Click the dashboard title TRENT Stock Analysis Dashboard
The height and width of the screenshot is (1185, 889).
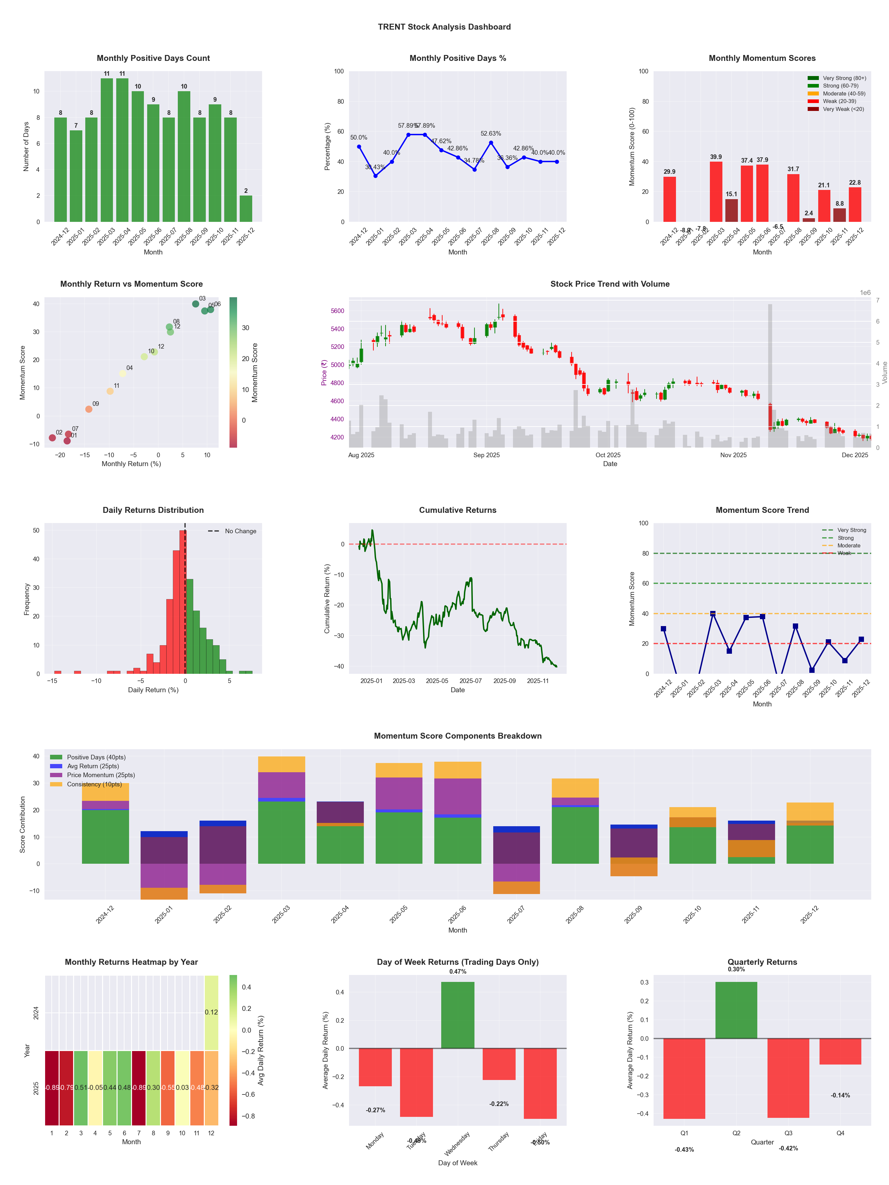click(x=444, y=27)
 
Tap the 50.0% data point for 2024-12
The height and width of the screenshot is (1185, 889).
click(x=359, y=147)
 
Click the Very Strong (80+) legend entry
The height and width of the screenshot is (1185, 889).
click(x=844, y=78)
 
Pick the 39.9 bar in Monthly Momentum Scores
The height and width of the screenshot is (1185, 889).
click(x=716, y=191)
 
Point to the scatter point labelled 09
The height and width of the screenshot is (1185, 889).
click(x=89, y=409)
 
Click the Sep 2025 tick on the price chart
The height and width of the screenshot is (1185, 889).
click(x=487, y=455)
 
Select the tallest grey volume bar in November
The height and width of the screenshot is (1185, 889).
click(x=770, y=375)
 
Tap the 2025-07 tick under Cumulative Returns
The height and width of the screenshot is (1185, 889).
click(x=471, y=681)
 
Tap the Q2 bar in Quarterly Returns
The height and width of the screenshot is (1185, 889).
click(x=736, y=1010)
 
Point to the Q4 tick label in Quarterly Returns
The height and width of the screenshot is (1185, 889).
click(x=840, y=1133)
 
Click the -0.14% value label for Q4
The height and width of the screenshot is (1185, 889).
click(x=840, y=1095)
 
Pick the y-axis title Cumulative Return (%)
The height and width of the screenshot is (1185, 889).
click(x=327, y=598)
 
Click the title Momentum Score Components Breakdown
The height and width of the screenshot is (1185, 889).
click(x=458, y=736)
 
